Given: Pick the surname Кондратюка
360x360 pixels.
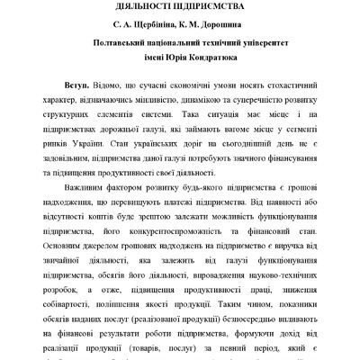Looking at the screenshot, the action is point(214,58).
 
